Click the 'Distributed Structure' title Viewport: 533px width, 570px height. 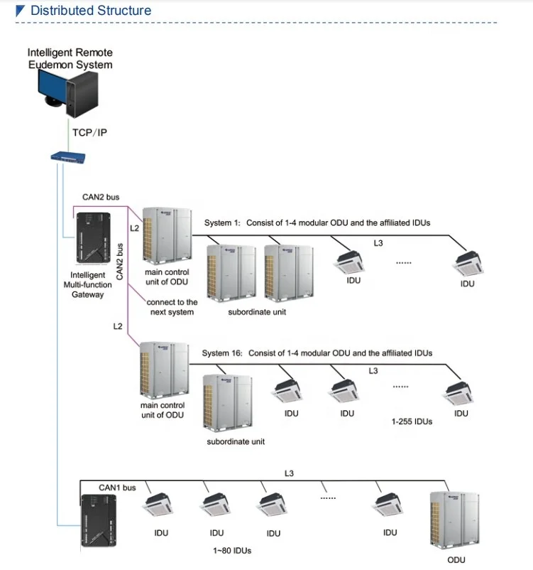click(90, 11)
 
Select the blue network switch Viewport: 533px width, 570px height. click(67, 157)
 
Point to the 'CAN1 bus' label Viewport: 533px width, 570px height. click(117, 488)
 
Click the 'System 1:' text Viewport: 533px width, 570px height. click(221, 223)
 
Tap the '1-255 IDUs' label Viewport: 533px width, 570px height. click(412, 421)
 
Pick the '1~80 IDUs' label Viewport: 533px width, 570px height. click(231, 551)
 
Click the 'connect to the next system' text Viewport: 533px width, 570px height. click(172, 307)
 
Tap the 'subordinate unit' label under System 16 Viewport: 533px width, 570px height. click(236, 441)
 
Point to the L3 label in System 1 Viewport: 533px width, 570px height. click(378, 243)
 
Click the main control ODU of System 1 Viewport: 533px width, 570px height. click(167, 237)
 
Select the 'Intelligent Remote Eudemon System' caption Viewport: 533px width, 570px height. click(70, 59)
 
